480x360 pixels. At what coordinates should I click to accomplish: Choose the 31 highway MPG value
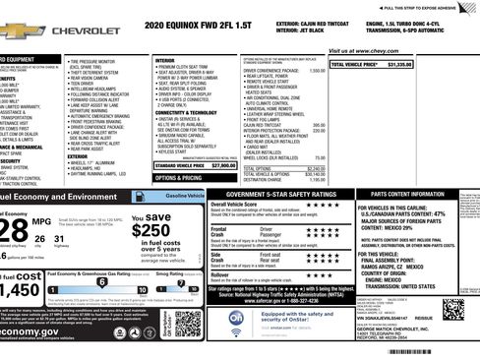coord(65,239)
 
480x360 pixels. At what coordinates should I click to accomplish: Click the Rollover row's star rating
coord(323,277)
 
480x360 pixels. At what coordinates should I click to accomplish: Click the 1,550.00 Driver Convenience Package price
coord(317,71)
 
